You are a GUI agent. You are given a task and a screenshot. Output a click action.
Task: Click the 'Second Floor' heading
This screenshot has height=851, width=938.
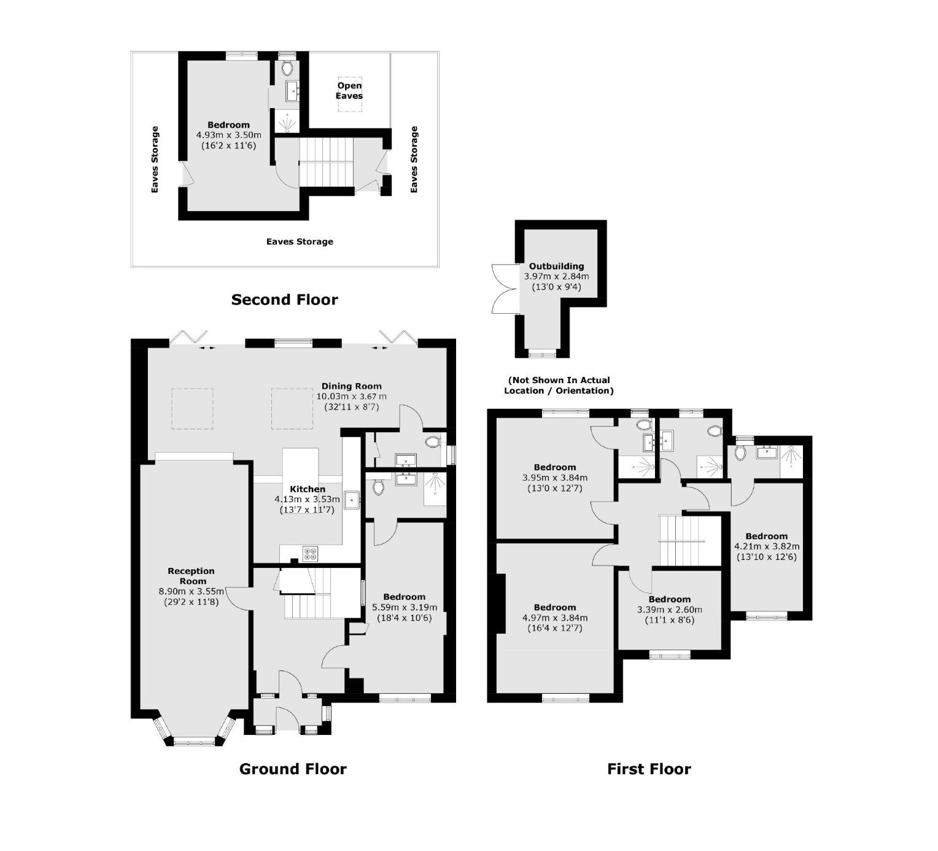tap(284, 300)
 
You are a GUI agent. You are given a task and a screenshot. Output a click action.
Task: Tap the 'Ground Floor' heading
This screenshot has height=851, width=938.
tap(293, 769)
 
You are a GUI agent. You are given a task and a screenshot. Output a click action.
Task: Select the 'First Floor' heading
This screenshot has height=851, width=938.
tap(649, 769)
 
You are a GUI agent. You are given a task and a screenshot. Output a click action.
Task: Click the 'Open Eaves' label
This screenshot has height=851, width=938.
tap(349, 90)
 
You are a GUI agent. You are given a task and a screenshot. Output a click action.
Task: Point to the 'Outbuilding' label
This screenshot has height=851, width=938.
tap(556, 266)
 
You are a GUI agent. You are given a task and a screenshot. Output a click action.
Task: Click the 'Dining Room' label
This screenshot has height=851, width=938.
tap(351, 386)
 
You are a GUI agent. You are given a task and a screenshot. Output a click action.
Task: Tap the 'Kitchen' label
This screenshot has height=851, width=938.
tap(308, 489)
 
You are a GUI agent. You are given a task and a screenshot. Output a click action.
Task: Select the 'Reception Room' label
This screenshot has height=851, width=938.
tap(192, 576)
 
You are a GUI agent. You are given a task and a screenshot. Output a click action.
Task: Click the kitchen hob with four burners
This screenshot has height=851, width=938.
tap(311, 554)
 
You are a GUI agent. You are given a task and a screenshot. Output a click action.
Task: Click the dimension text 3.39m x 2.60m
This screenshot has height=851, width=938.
tap(669, 610)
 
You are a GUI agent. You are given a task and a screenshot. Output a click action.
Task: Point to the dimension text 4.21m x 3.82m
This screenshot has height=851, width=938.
tap(767, 546)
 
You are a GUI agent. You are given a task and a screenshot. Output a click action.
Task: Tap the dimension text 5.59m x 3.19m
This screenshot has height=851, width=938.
tap(405, 607)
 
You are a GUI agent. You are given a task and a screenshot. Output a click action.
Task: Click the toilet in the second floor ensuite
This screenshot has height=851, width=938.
tap(287, 67)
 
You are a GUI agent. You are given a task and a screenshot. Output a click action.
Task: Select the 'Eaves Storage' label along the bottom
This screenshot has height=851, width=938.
tap(300, 241)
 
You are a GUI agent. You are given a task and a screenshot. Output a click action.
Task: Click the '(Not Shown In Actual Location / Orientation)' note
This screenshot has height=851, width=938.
tap(559, 385)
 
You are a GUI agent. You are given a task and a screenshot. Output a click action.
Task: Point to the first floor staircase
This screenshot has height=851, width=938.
tap(681, 540)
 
